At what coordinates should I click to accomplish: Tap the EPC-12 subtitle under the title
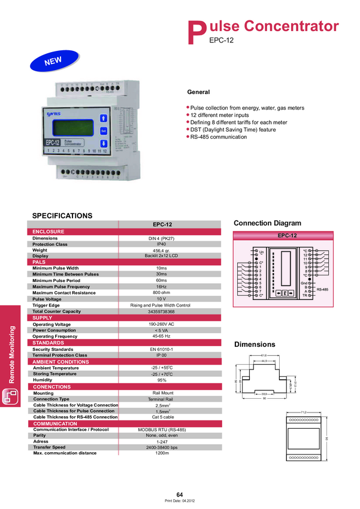point(221,41)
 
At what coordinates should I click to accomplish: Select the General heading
point(198,92)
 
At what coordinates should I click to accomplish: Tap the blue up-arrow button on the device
point(103,117)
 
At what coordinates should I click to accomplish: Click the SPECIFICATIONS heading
point(62,216)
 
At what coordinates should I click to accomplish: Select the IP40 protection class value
point(161,244)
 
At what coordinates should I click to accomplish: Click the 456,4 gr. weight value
point(161,250)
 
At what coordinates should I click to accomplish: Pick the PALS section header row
point(40,262)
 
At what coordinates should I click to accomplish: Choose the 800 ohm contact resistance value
point(161,292)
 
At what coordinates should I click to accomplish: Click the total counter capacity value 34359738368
point(161,311)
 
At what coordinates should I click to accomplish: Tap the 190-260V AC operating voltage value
point(161,324)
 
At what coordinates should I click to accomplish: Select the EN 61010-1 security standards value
point(161,349)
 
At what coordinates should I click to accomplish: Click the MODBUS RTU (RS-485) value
point(161,429)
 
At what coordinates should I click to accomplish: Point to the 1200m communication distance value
point(161,453)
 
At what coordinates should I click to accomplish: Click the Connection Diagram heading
point(267,223)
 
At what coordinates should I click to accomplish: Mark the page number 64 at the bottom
point(179,494)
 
